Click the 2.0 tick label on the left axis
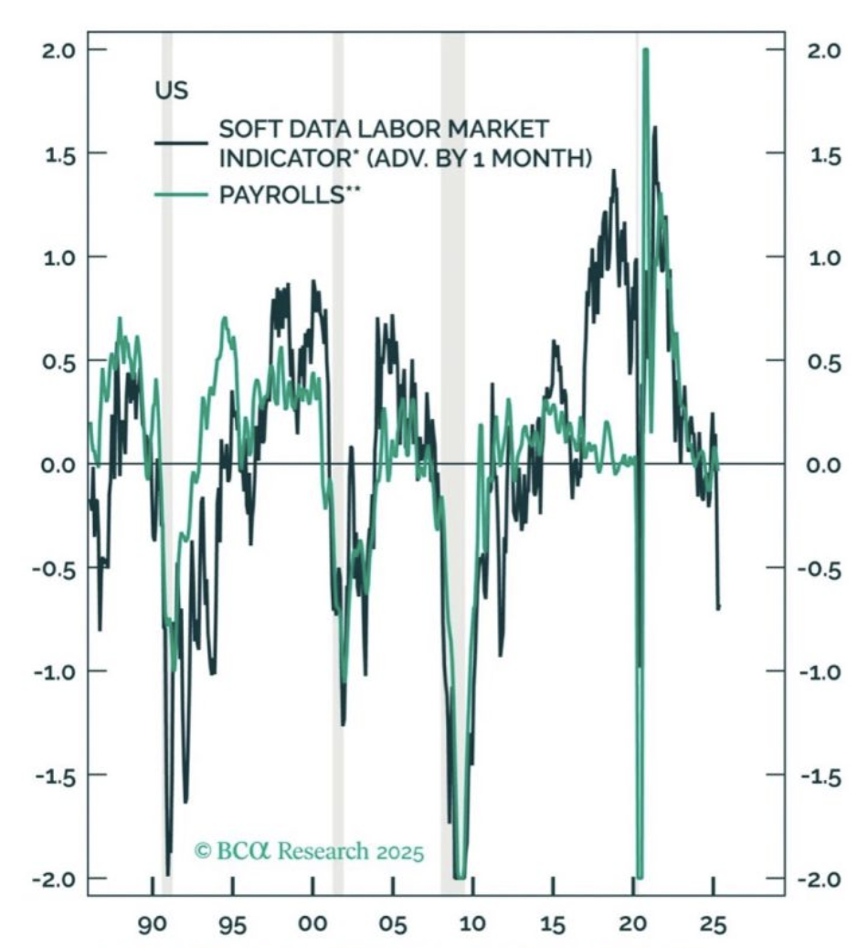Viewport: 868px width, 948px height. (x=58, y=50)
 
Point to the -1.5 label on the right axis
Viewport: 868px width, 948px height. (x=820, y=776)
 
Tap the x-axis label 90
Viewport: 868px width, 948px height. (x=153, y=924)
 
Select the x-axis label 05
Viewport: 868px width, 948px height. (x=393, y=924)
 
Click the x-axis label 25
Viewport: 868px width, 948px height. (x=714, y=924)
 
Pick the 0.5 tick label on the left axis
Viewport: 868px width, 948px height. (x=58, y=363)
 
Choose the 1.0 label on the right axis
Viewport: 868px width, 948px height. (x=824, y=258)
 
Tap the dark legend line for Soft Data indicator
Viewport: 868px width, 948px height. (x=181, y=143)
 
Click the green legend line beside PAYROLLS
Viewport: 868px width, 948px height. (x=181, y=195)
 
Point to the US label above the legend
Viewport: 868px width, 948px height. (x=172, y=90)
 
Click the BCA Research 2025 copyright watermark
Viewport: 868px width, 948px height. (x=309, y=851)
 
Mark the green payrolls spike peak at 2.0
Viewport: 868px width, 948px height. (x=645, y=50)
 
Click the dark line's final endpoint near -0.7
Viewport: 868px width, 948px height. (x=718, y=607)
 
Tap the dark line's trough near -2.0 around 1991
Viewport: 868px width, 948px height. (x=167, y=874)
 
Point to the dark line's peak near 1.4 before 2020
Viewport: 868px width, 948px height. (x=614, y=171)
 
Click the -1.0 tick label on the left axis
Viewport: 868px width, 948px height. (x=55, y=672)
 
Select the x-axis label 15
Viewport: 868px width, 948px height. (x=552, y=924)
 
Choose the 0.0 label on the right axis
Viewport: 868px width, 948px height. (x=824, y=466)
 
